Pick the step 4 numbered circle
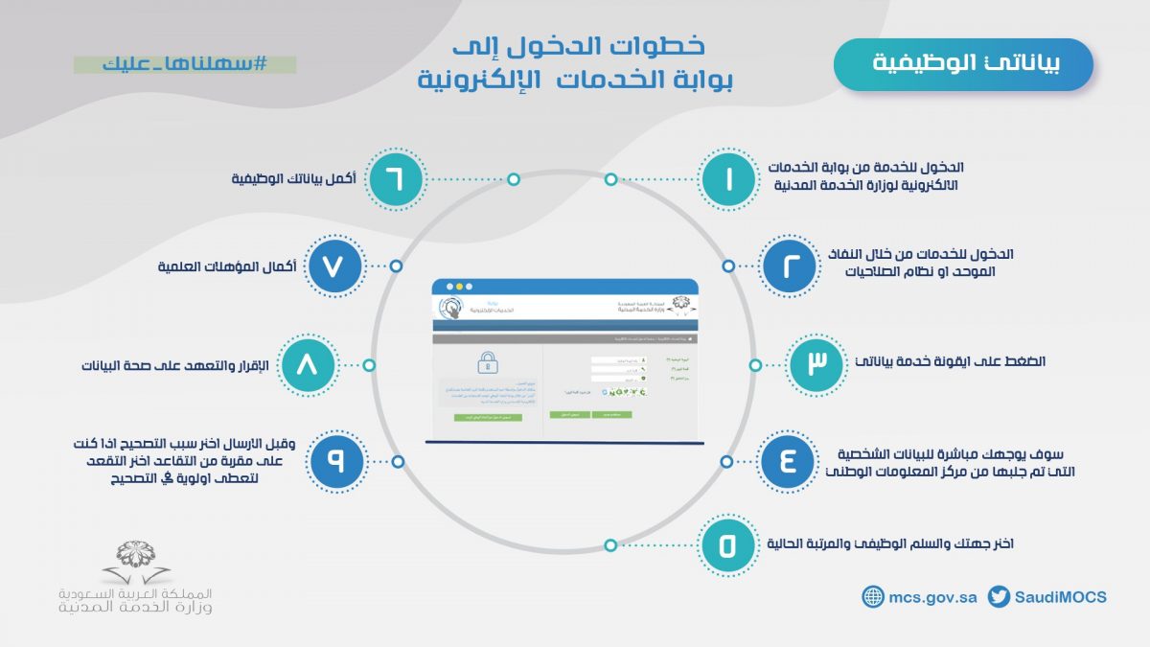pos(788,461)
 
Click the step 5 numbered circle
pos(726,544)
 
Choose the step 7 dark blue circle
pos(335,266)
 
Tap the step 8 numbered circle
pos(307,365)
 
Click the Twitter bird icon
pos(999,596)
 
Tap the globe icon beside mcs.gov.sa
pos(872,596)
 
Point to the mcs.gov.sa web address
pos(932,596)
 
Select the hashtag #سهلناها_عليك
pos(185,64)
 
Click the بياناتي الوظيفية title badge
pos(963,64)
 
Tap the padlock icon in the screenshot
pos(487,362)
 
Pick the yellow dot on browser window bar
pos(458,286)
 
